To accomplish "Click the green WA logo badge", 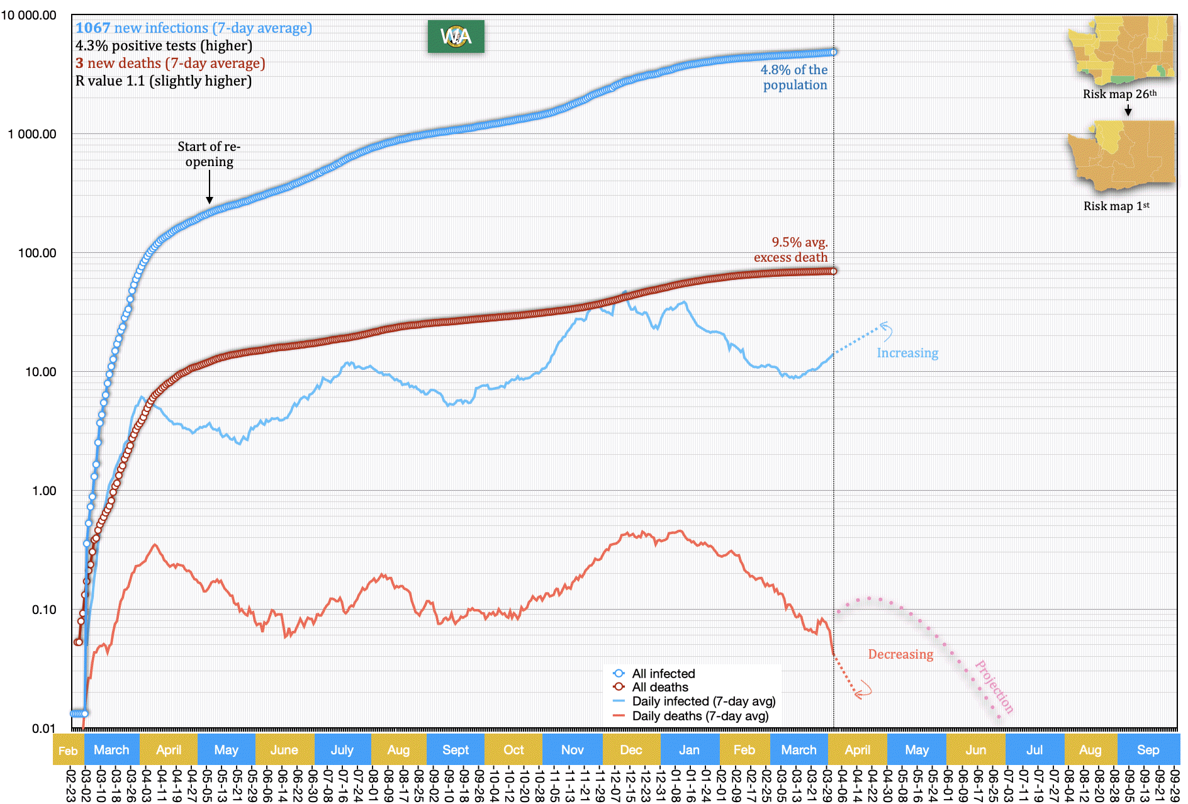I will [456, 36].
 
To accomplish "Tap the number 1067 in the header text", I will [93, 28].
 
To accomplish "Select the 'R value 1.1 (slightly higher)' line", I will [164, 81].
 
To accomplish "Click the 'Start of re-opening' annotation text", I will [209, 154].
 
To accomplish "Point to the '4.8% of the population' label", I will [794, 77].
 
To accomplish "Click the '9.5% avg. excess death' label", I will [791, 250].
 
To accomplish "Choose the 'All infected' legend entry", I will [663, 674].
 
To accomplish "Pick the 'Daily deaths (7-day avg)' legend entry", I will [700, 716].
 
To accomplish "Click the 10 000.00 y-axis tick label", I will [29, 15].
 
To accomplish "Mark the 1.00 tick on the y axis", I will [44, 491].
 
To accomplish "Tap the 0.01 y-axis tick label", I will [44, 729].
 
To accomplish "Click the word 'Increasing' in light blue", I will [907, 353].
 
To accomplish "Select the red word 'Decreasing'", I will [900, 654].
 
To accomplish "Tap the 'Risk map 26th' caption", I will [1119, 94].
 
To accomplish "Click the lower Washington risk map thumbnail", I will [1122, 156].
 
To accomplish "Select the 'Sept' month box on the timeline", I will [456, 750].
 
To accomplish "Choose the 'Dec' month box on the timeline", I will [631, 750].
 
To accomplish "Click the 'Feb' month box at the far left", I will [68, 751].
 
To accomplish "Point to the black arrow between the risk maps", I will [1128, 111].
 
